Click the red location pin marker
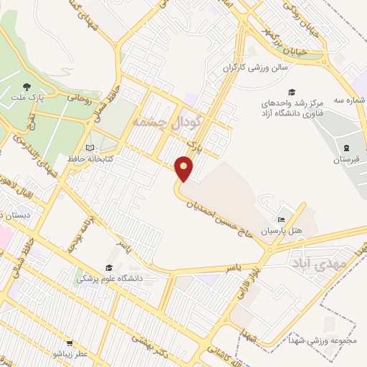[x=185, y=168]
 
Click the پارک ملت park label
[x=27, y=95]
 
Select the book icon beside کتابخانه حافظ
[x=90, y=148]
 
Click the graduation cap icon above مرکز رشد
[x=292, y=92]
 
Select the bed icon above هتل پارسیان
[x=282, y=219]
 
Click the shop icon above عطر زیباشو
[x=70, y=343]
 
